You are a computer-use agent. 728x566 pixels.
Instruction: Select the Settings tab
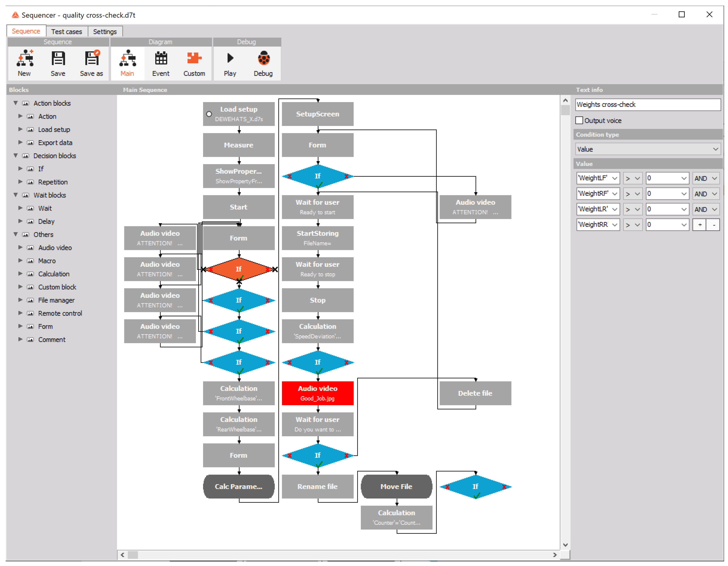pyautogui.click(x=105, y=32)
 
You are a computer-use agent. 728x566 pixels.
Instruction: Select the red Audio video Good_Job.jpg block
pyautogui.click(x=317, y=393)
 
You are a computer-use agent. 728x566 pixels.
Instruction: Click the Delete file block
pyautogui.click(x=475, y=393)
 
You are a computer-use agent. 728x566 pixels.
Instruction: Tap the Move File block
pyautogui.click(x=396, y=486)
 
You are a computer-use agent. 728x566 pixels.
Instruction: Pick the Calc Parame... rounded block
pyautogui.click(x=239, y=486)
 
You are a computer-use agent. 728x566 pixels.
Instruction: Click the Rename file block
pyautogui.click(x=317, y=486)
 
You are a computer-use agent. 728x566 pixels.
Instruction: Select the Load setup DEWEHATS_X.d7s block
pyautogui.click(x=239, y=114)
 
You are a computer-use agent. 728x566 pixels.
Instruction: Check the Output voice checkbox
pyautogui.click(x=579, y=120)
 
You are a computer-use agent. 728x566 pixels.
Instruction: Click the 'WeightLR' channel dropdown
pyautogui.click(x=598, y=209)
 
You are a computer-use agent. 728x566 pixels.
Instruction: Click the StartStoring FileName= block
pyautogui.click(x=317, y=238)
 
